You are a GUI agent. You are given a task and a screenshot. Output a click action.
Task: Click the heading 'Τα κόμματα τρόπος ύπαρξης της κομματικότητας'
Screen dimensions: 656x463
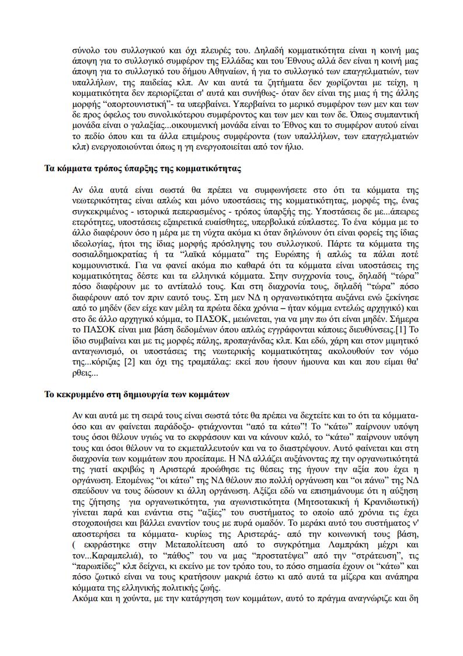pos(143,169)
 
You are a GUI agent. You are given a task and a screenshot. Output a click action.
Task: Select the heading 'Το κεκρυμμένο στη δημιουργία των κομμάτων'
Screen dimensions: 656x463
pos(137,394)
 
